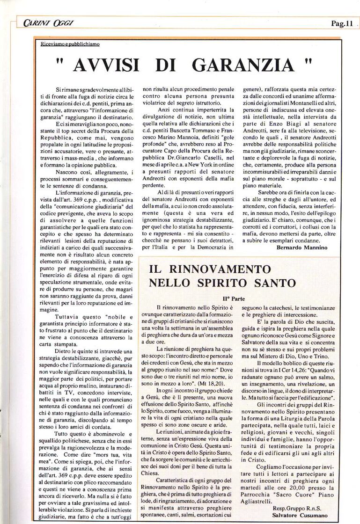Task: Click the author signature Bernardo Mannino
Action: click(302, 247)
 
